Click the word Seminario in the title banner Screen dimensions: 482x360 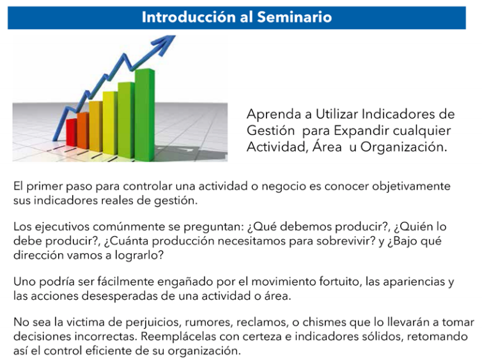(294, 17)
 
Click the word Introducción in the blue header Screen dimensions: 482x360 (188, 17)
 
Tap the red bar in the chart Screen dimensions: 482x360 (72, 132)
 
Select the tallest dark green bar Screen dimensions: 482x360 (144, 115)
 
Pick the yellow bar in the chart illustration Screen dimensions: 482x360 (110, 123)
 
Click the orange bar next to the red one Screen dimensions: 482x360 (83, 131)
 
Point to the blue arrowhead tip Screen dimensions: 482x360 (175, 36)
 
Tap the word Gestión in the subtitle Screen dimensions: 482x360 (270, 130)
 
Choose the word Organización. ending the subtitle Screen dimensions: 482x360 (403, 147)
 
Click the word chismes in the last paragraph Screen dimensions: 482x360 (325, 322)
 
